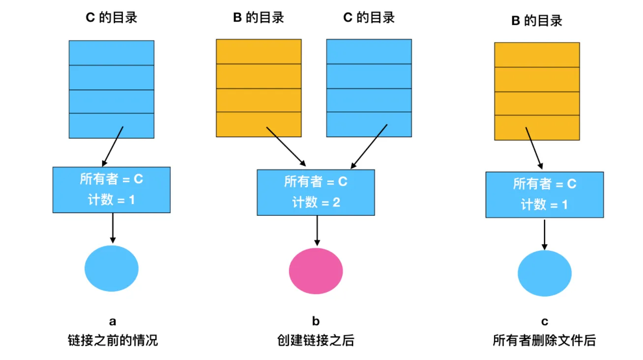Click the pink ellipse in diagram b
(x=316, y=271)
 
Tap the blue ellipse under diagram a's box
(x=112, y=269)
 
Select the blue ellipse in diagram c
(x=545, y=273)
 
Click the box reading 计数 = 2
(x=316, y=192)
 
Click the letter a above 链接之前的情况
(x=113, y=322)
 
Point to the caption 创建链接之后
(x=316, y=340)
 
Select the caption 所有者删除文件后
(x=544, y=340)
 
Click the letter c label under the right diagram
(x=545, y=322)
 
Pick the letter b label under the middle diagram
(x=316, y=322)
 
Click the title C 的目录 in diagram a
(x=112, y=18)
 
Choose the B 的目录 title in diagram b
(x=259, y=18)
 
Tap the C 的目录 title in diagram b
(x=369, y=18)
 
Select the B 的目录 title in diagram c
(x=537, y=21)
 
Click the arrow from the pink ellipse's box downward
(x=317, y=231)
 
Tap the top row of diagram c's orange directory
(x=537, y=55)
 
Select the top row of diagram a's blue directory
(x=112, y=53)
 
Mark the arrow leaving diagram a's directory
(x=113, y=146)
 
